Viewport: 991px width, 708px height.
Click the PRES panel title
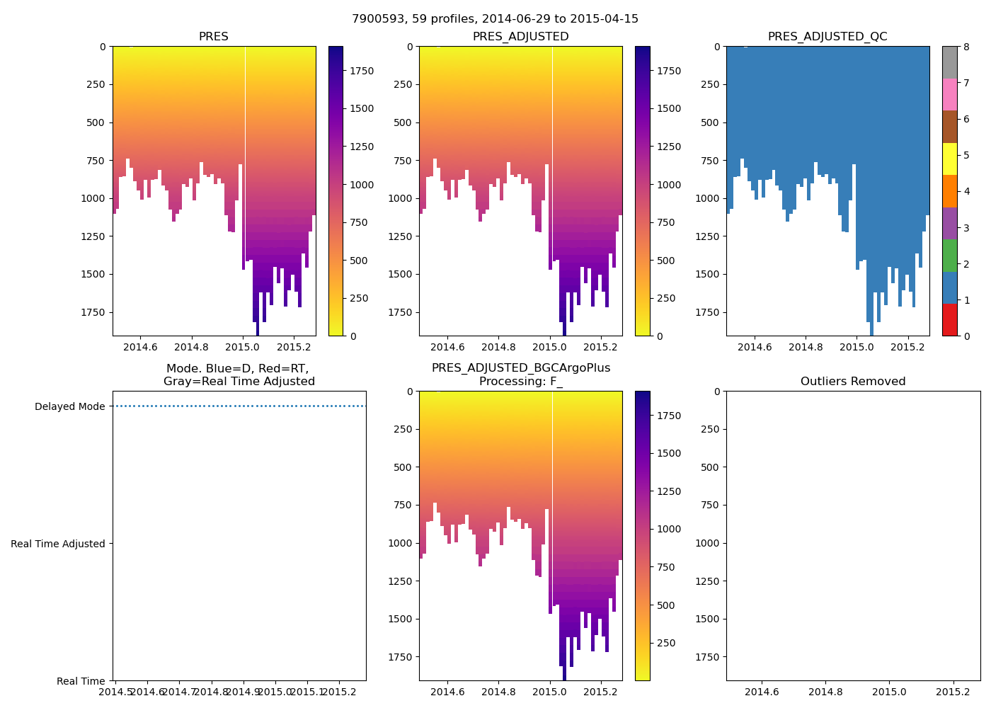point(213,37)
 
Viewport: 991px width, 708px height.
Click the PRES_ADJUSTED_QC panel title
point(827,37)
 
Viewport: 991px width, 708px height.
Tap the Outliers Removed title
point(853,382)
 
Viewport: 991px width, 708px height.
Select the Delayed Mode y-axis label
point(69,406)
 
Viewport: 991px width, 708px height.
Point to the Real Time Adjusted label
point(58,544)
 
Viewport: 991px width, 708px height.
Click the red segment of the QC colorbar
point(949,319)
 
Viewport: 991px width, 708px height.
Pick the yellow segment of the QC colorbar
point(949,159)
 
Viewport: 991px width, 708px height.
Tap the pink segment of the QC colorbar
point(949,94)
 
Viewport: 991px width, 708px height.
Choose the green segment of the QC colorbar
point(949,255)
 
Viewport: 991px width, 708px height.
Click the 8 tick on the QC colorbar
point(966,47)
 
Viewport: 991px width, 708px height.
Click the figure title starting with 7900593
point(495,19)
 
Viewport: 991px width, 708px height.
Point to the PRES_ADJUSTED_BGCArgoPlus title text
point(521,368)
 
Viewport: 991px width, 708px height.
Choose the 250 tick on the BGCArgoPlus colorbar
point(665,644)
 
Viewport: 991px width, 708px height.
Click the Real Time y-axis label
point(81,681)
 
